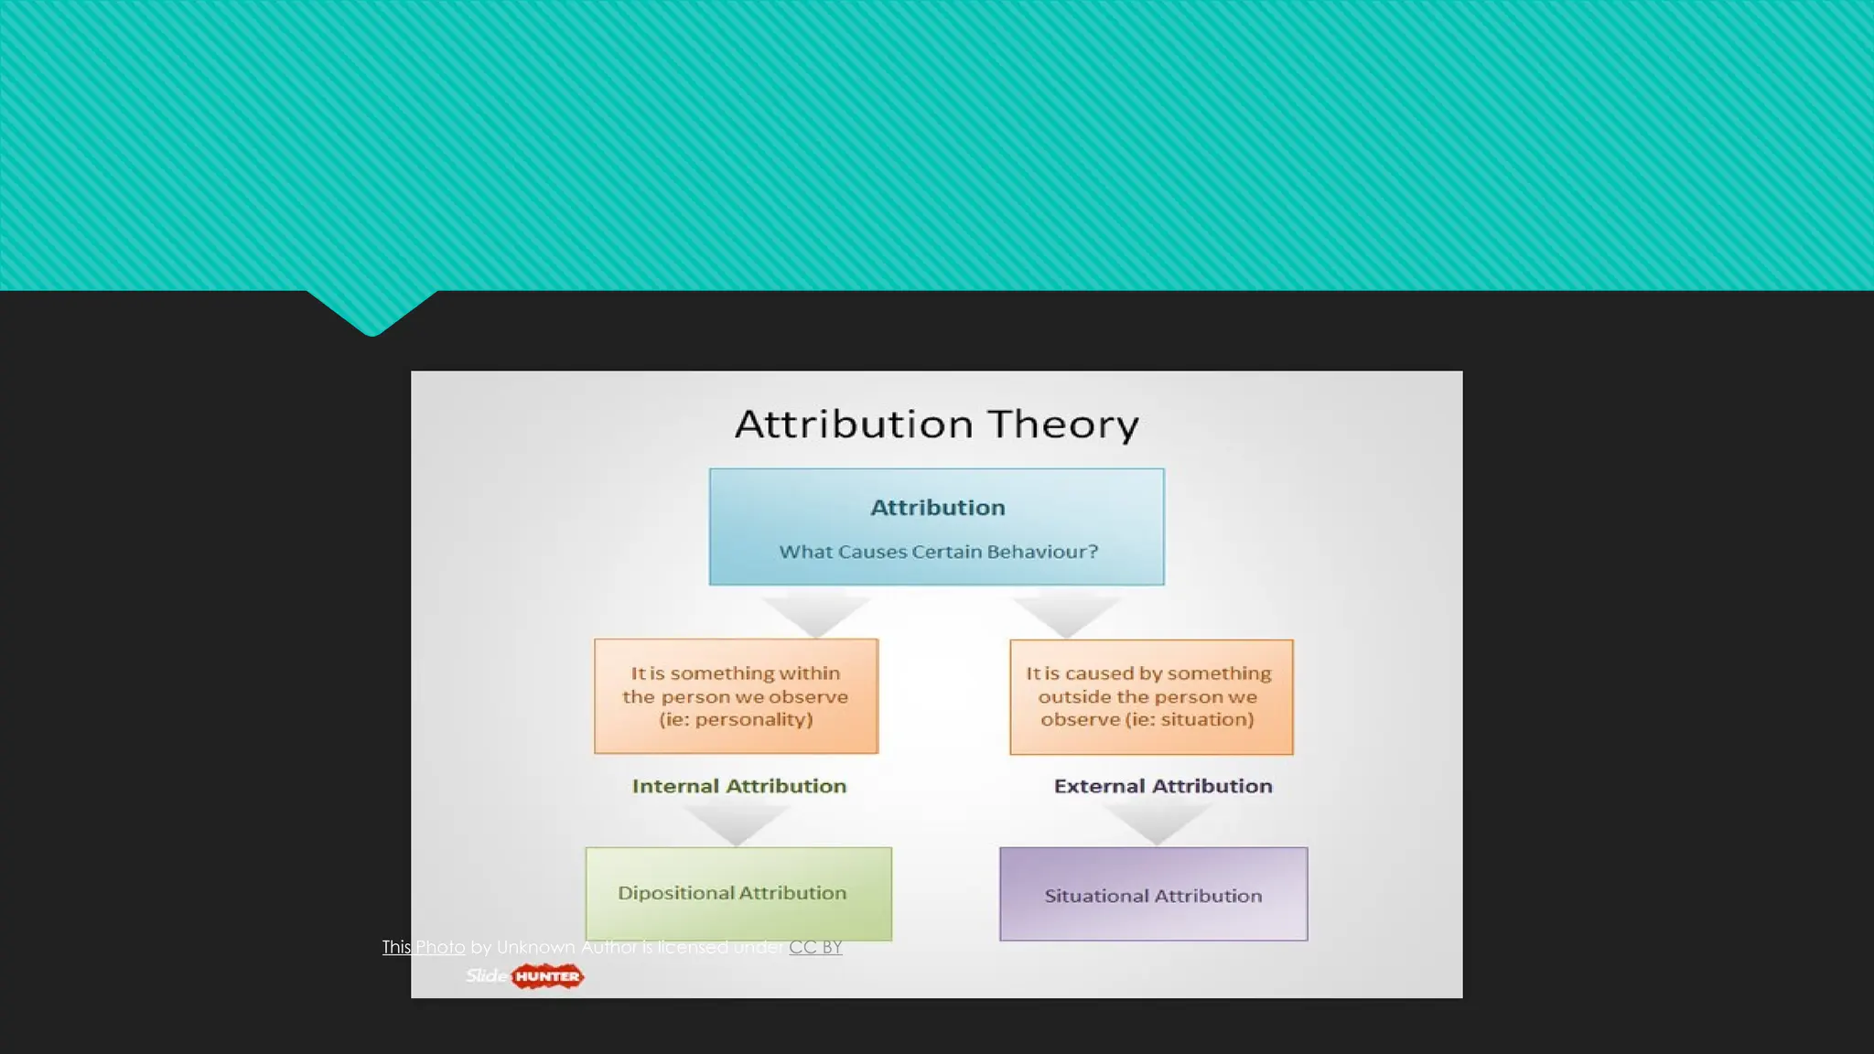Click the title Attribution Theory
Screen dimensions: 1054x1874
936,425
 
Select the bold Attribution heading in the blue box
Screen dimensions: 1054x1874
937,508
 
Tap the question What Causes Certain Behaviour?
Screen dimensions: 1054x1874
938,552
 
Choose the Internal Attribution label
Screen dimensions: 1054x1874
739,786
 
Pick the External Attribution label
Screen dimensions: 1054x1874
1162,786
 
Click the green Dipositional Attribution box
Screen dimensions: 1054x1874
738,893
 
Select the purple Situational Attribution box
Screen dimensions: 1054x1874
1153,895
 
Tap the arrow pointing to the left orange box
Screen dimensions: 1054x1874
815,615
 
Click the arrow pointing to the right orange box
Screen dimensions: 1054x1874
1066,616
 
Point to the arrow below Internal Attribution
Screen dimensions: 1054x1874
737,824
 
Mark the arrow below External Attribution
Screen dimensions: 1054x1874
1158,824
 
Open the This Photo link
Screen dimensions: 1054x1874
423,947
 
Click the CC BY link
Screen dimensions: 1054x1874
815,947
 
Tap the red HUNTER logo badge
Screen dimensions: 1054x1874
547,976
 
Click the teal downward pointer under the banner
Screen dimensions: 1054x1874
372,313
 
